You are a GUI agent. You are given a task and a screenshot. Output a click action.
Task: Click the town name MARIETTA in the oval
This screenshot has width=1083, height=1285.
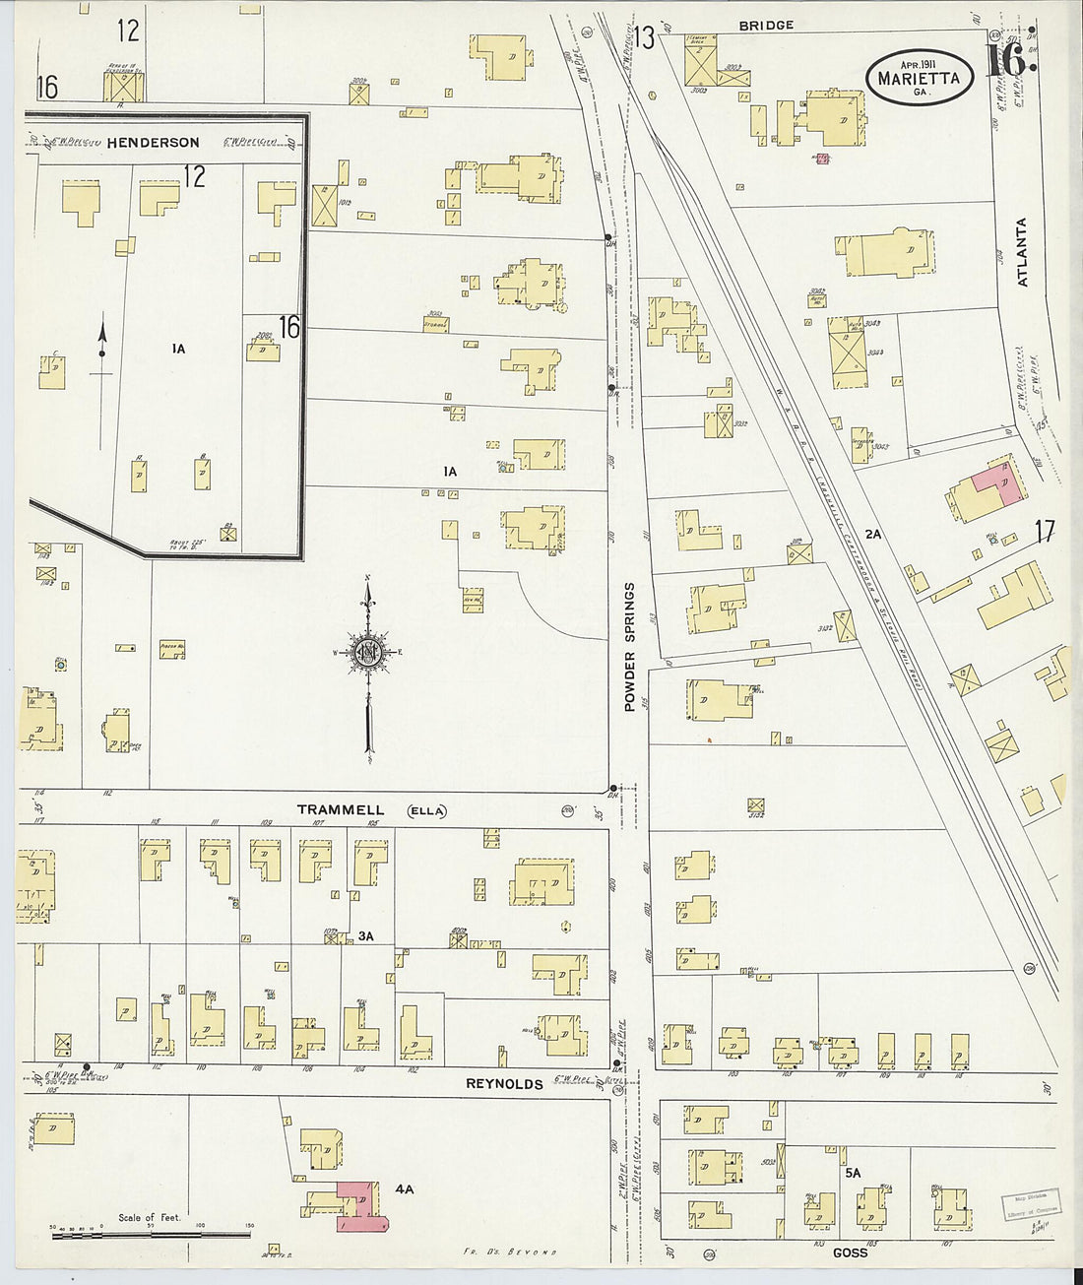[x=918, y=78]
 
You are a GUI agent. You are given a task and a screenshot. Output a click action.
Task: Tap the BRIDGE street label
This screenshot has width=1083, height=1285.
[x=765, y=25]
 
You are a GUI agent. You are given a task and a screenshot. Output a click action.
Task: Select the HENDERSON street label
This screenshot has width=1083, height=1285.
[x=153, y=143]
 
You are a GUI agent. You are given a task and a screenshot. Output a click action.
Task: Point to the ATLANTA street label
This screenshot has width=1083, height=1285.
[x=1021, y=252]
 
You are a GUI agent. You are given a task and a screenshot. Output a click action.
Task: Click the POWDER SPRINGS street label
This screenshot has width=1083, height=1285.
[x=629, y=633]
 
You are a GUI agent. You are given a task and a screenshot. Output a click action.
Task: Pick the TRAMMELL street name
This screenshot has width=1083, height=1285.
[x=341, y=810]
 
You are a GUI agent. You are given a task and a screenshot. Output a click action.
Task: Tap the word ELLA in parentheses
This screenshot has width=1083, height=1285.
[x=426, y=811]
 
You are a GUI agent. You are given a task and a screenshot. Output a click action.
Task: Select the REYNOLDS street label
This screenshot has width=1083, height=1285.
[x=504, y=1084]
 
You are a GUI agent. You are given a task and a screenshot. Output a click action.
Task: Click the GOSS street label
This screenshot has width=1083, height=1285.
[x=850, y=1253]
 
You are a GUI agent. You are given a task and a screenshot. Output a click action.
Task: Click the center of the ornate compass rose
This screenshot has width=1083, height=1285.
[x=368, y=652]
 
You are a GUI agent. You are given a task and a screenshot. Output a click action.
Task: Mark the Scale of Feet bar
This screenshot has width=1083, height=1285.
[x=150, y=1233]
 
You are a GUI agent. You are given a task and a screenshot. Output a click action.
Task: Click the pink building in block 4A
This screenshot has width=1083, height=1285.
[x=359, y=1206]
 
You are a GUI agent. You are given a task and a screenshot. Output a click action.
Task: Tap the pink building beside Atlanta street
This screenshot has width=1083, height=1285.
[x=996, y=485]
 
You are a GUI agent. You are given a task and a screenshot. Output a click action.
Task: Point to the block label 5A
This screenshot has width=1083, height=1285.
[x=852, y=1173]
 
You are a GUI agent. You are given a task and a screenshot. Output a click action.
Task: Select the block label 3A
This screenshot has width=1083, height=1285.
[x=365, y=936]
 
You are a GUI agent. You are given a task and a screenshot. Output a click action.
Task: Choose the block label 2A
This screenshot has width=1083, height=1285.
[x=872, y=535]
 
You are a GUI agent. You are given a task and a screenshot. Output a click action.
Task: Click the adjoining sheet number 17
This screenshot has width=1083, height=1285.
[x=1044, y=533]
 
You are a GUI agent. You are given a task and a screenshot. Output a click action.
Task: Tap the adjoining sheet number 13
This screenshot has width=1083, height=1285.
[x=644, y=37]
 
